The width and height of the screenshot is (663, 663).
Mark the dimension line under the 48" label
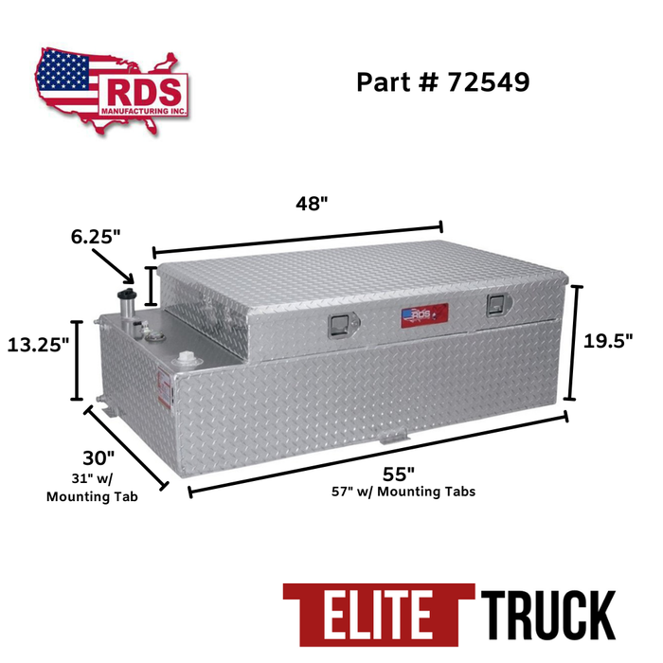pos(297,239)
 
